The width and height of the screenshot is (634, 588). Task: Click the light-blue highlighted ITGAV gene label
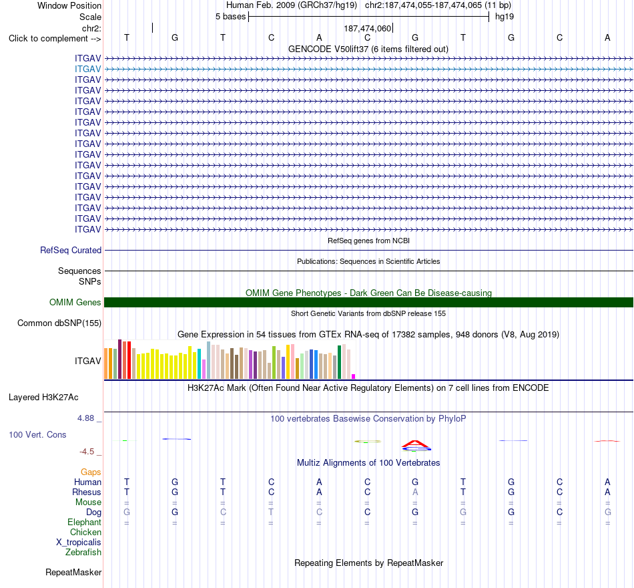[x=87, y=69]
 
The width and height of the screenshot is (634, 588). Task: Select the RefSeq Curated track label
[x=71, y=251]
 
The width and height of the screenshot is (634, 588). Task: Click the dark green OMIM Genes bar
[x=368, y=303]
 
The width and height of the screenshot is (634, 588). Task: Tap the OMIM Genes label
[x=75, y=303]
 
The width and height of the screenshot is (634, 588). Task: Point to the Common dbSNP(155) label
[x=59, y=323]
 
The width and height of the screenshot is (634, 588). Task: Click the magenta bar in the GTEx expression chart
[x=354, y=377]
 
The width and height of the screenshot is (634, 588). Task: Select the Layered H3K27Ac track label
[x=43, y=398]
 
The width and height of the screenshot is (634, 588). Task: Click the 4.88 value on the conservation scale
[x=85, y=418]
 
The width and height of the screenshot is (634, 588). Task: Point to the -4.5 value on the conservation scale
[x=87, y=452]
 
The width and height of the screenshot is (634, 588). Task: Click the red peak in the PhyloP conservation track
[x=415, y=444]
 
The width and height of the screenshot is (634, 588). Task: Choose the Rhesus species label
[x=87, y=492]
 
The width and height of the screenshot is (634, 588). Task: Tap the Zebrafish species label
[x=83, y=553]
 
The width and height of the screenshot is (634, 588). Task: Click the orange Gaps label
[x=91, y=472]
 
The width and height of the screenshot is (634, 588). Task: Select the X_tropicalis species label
[x=79, y=543]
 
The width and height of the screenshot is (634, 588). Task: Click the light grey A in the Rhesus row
[x=415, y=492]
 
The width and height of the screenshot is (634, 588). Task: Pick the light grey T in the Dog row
[x=271, y=512]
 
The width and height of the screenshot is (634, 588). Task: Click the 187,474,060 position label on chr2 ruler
[x=368, y=28]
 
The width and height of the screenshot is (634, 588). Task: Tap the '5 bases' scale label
[x=230, y=17]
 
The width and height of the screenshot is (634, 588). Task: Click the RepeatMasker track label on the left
[x=73, y=572]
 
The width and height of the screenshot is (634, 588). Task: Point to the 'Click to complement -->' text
[x=55, y=39]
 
